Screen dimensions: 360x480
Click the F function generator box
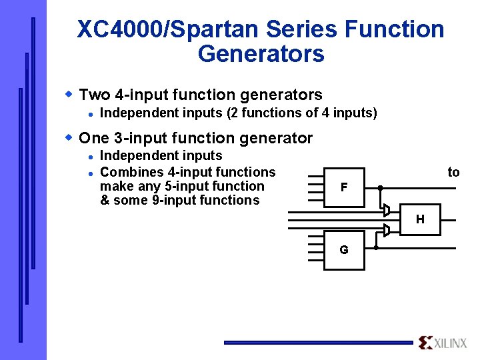[344, 187]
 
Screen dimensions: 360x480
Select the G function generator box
[344, 250]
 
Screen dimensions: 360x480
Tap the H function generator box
[420, 219]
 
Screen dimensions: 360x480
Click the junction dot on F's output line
[379, 188]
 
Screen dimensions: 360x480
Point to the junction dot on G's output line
[376, 247]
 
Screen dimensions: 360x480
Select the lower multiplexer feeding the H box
[386, 231]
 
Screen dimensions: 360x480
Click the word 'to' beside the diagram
[453, 173]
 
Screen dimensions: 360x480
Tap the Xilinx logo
[443, 343]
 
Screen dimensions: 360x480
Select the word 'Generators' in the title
[261, 53]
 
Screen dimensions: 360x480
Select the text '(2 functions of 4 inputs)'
[302, 113]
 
